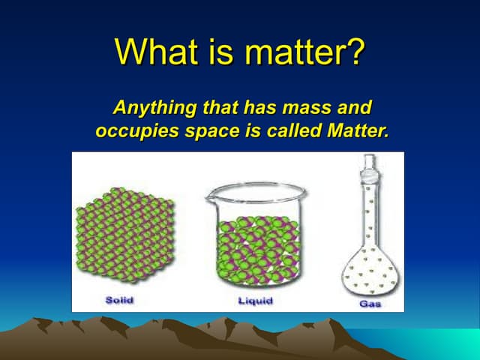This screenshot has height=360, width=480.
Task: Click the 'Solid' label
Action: (120, 300)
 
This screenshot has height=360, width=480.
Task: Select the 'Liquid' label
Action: (255, 301)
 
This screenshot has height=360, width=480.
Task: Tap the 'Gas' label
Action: (369, 304)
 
